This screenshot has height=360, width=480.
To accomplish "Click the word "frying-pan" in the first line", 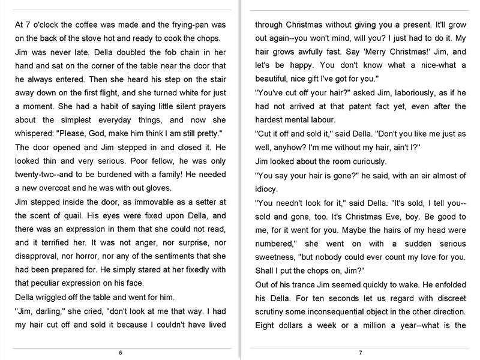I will point(178,25).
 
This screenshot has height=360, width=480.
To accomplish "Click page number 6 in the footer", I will point(121,353).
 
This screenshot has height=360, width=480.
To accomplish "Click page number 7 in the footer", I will point(360,353).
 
